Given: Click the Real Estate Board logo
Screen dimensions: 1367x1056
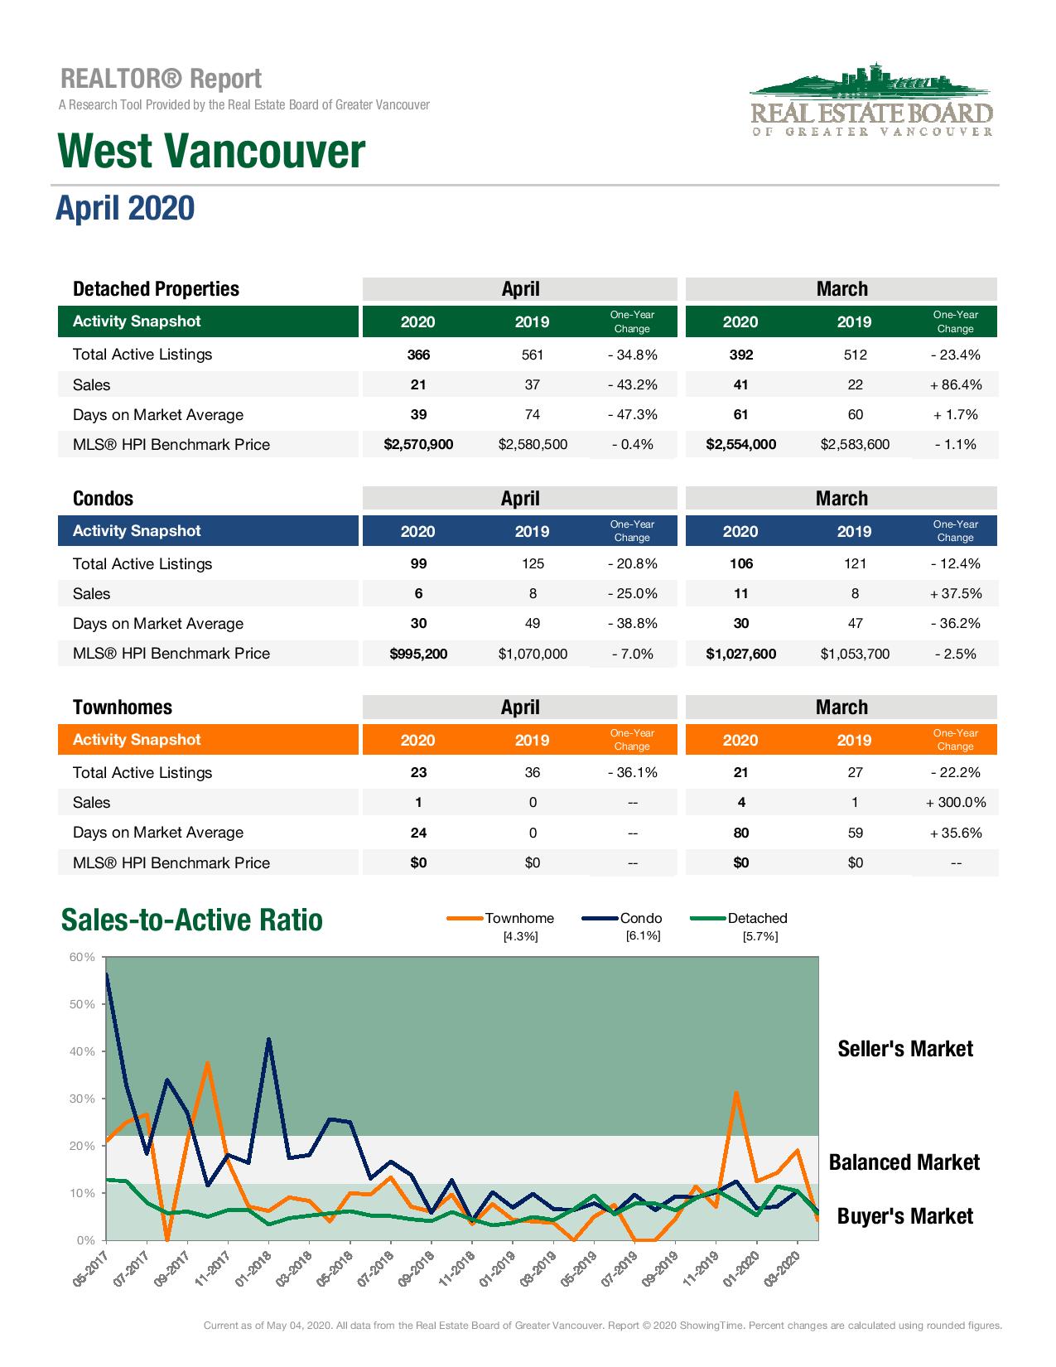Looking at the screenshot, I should [870, 100].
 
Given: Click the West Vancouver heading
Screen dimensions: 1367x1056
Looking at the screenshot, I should [211, 152].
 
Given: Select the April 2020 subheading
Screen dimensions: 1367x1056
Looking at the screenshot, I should [125, 208].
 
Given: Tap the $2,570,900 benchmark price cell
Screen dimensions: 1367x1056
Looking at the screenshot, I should [418, 445].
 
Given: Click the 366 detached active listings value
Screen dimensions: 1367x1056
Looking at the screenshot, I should [418, 355].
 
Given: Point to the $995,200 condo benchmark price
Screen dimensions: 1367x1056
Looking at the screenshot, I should [418, 655].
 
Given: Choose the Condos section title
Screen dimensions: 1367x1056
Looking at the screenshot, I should [103, 499].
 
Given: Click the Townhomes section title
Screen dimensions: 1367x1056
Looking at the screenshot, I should [123, 708].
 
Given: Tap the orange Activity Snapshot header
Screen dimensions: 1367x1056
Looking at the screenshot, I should [137, 740].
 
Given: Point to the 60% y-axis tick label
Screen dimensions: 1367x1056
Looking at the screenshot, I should [82, 958].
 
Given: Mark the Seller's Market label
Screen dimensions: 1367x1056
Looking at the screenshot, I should [905, 1049].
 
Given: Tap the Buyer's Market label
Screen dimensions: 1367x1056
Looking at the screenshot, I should [905, 1216].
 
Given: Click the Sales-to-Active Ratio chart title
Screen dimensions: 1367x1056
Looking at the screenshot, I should [192, 920].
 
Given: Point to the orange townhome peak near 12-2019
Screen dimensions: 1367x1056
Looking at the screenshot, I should [735, 1093].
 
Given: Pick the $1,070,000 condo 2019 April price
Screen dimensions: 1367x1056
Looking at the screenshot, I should [533, 655].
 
